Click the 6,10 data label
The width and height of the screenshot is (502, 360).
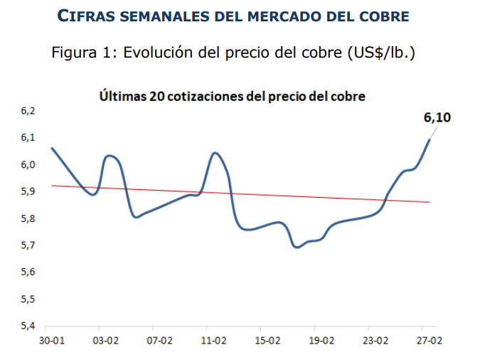point(438,117)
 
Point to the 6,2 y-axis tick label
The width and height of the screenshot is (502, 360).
point(28,110)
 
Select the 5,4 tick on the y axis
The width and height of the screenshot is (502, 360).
point(28,327)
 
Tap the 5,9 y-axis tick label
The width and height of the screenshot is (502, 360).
point(28,191)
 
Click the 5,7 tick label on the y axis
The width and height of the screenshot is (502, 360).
point(28,245)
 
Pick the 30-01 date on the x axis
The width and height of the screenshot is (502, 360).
point(52,342)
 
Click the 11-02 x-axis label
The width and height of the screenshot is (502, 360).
point(214,342)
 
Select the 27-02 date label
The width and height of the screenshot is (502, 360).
point(429,342)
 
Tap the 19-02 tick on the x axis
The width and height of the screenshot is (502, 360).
point(321,342)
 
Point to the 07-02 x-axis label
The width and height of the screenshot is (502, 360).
point(160,342)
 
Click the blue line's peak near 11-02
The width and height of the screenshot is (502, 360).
point(215,153)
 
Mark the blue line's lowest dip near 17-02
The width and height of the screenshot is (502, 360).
point(297,247)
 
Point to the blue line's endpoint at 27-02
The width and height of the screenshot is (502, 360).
point(429,139)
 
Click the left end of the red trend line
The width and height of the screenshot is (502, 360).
point(52,186)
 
